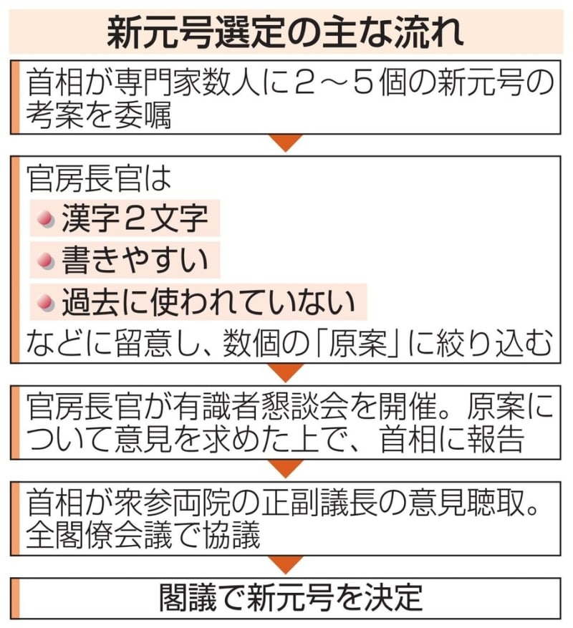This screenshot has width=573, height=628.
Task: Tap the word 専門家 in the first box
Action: click(x=157, y=83)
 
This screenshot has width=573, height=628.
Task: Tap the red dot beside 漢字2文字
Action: click(x=45, y=218)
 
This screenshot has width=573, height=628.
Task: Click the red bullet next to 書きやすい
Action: click(x=45, y=261)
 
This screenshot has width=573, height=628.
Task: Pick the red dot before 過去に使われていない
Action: click(x=45, y=302)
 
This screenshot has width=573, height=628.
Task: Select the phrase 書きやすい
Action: click(x=135, y=260)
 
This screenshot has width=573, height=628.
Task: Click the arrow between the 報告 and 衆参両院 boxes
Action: click(x=286, y=468)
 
